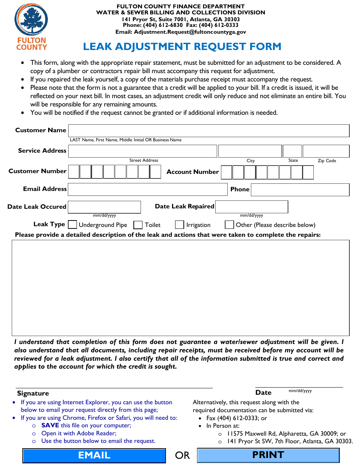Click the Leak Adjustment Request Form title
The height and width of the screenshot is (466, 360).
(x=182, y=47)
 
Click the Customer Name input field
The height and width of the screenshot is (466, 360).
(x=208, y=130)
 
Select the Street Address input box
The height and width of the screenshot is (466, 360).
(x=142, y=151)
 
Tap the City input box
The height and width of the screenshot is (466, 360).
(x=250, y=151)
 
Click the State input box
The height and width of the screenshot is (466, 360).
(x=293, y=151)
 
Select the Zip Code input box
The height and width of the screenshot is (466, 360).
(x=326, y=151)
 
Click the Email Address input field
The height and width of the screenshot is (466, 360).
(x=147, y=189)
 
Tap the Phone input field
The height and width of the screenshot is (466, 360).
(x=300, y=189)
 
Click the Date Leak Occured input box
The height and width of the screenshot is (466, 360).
(x=104, y=207)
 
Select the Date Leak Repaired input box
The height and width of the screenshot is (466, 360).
(x=252, y=207)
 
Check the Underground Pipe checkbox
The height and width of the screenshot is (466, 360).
(x=72, y=225)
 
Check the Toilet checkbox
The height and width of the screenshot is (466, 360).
(x=138, y=225)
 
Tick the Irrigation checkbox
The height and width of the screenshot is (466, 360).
(x=180, y=225)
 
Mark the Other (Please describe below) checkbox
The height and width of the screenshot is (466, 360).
(x=229, y=225)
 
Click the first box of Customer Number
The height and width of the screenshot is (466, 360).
(x=74, y=172)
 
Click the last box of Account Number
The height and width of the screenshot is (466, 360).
(x=308, y=172)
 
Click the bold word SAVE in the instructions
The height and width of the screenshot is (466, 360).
(x=50, y=425)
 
